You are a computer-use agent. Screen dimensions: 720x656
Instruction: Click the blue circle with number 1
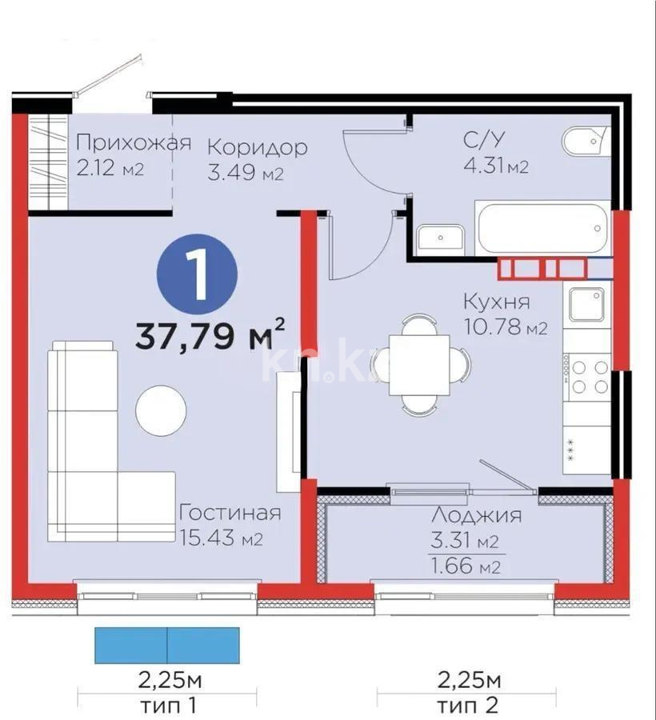tap(197, 274)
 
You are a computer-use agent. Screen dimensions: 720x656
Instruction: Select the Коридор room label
tap(257, 147)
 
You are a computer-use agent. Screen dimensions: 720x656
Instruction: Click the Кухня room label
tap(496, 302)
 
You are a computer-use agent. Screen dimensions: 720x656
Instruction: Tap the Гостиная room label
tap(230, 512)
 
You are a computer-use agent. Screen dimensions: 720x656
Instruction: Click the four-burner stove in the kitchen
tap(587, 376)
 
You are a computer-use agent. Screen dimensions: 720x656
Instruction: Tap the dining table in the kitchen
tap(419, 365)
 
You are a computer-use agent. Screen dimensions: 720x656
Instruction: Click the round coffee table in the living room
tap(161, 410)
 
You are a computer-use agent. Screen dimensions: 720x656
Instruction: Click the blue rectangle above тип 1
tap(167, 645)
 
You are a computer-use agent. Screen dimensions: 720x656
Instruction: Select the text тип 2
tap(468, 706)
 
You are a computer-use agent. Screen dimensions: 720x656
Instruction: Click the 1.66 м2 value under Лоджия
tap(466, 568)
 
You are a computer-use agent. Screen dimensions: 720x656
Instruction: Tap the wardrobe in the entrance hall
tap(50, 162)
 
